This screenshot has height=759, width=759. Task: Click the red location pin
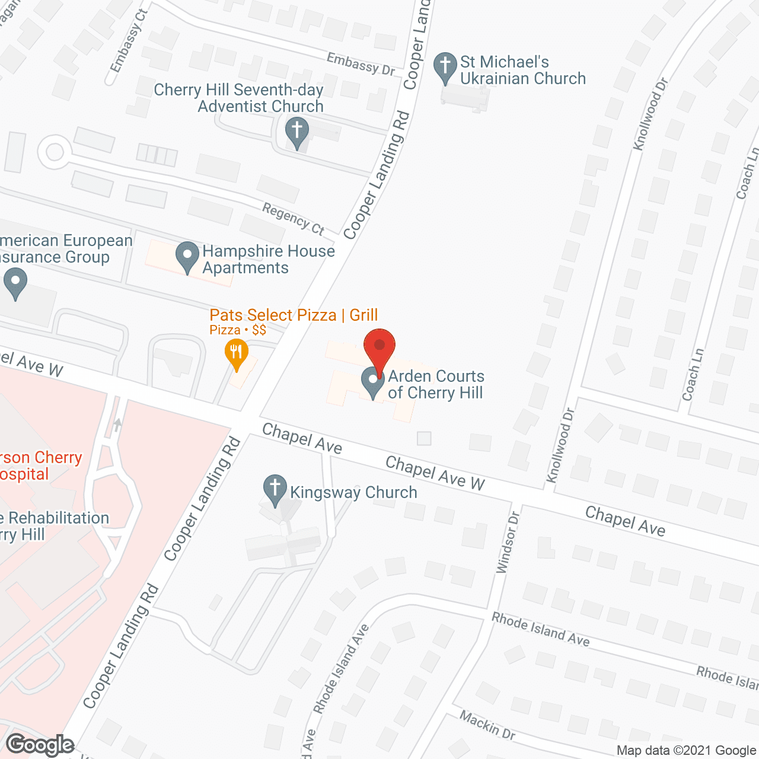[x=379, y=346]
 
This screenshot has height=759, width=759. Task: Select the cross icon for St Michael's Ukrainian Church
[x=445, y=66]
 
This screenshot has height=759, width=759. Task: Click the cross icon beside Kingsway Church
[x=275, y=489]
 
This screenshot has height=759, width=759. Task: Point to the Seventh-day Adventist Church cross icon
[x=297, y=131]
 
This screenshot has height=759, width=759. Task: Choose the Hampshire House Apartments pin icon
[x=187, y=256]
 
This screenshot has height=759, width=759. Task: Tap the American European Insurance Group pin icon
[x=15, y=282]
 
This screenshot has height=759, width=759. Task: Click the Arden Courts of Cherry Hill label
[x=435, y=384]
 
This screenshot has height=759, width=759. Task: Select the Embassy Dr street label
[x=361, y=63]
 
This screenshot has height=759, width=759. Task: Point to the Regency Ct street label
[x=294, y=218]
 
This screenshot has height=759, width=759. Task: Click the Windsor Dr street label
[x=508, y=542]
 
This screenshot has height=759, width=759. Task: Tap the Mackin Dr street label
[x=487, y=725]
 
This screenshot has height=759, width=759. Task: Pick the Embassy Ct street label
[x=127, y=40]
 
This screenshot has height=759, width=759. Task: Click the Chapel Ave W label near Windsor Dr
[x=435, y=473]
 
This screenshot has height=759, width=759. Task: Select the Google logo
[x=40, y=745]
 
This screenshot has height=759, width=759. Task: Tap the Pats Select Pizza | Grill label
[x=294, y=315]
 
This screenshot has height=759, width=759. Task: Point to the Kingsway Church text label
[x=353, y=492]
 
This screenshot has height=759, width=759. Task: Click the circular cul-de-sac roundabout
[x=55, y=152]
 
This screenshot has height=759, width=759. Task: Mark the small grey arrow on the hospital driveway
[x=117, y=425]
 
